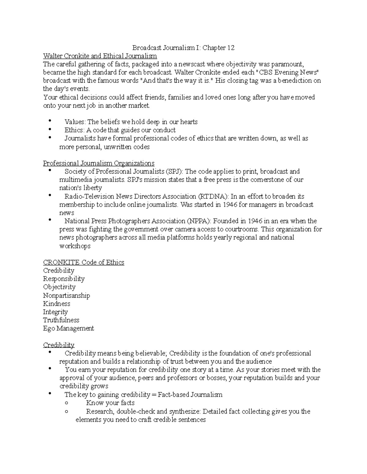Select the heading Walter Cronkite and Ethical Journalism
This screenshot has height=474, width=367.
(100, 56)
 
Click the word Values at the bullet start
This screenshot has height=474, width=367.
(75, 122)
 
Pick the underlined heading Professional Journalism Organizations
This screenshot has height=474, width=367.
(98, 163)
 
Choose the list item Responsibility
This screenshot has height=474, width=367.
(64, 279)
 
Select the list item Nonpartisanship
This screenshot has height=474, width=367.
(66, 295)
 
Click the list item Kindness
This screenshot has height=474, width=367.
(57, 304)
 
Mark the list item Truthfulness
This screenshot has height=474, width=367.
(61, 320)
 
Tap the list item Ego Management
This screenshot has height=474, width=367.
(69, 328)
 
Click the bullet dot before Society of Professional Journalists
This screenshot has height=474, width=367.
(50, 171)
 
